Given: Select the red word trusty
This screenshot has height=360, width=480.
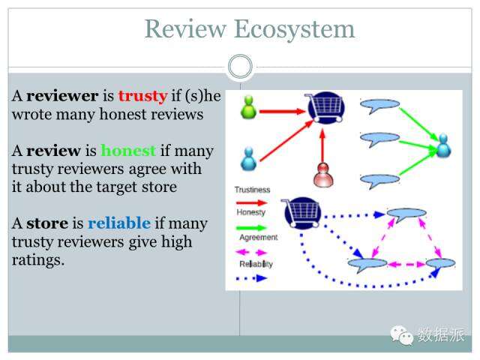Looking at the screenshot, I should click(142, 96).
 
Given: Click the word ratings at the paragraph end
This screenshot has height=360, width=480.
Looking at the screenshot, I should click(37, 260).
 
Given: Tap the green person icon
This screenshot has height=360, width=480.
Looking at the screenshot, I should click(248, 106).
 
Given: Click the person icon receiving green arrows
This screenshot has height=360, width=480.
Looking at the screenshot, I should click(443, 145).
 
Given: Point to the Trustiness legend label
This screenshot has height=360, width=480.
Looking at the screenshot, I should click(252, 190).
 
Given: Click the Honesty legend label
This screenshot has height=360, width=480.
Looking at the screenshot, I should click(250, 212).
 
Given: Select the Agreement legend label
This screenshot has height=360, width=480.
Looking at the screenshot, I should click(258, 238).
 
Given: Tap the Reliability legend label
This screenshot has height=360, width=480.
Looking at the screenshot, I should click(256, 264).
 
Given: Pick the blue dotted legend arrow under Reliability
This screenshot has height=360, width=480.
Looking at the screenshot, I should click(253, 277).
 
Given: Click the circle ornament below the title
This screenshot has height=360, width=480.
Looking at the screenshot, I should click(240, 67).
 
